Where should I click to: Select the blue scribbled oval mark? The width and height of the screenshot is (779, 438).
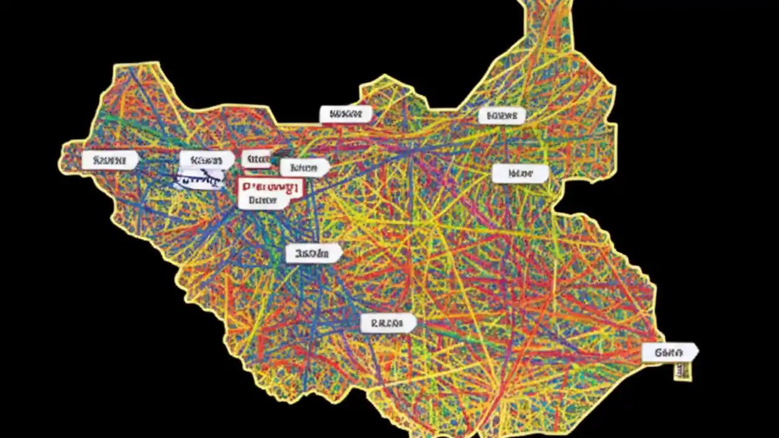coord(198,179)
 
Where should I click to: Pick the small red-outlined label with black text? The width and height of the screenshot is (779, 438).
coord(256,159)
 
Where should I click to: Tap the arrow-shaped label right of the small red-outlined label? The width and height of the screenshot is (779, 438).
coord(304,167)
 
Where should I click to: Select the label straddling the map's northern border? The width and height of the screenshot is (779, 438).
coord(346,114)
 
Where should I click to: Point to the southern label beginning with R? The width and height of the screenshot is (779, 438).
coord(388,323)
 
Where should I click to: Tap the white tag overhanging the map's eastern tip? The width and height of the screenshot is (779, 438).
coord(669,352)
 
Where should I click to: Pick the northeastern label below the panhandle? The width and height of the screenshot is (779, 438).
coord(501,115)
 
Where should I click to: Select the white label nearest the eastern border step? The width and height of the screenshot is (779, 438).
coord(520,173)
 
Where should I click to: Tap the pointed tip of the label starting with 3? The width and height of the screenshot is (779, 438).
coord(341,253)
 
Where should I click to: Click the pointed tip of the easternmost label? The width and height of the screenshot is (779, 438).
coord(698,352)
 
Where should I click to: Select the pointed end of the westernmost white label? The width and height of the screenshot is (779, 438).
coord(138,160)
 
